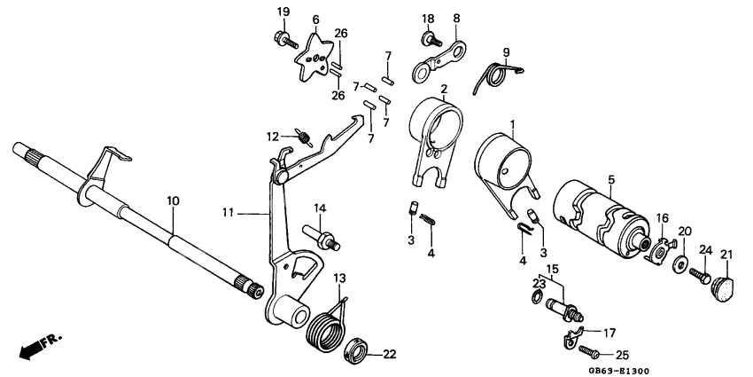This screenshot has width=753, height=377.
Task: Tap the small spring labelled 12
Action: coord(304,137)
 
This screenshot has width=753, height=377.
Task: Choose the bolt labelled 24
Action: coord(697,276)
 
